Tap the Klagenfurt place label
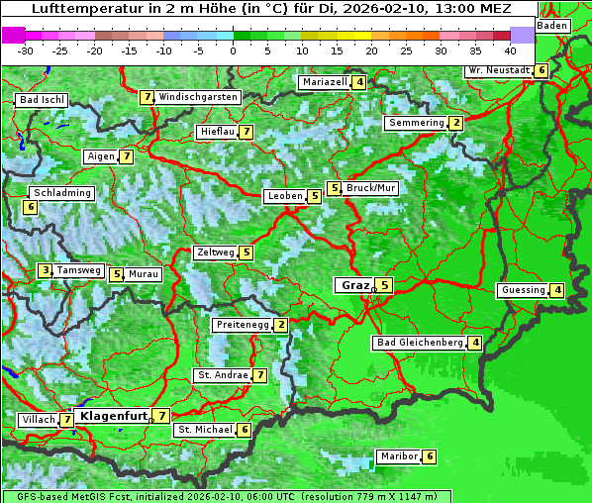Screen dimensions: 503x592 pos(112,416)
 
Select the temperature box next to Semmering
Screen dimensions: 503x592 pos(455,123)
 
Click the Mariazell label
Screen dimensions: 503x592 pos(325,82)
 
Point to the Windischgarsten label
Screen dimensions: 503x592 pos(198,97)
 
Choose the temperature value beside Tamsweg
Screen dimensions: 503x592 pos(45,270)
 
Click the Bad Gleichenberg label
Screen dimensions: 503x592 pos(420,343)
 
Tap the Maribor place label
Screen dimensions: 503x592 pos(396,456)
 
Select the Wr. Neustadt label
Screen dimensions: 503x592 pos(499,70)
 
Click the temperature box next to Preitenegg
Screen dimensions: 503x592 pos(281,325)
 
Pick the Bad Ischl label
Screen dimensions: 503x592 pos(42,100)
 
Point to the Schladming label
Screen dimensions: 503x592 pos(61,193)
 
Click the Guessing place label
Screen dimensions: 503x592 pos(523,290)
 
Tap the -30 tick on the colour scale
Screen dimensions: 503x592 pos(26,50)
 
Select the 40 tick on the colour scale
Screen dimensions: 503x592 pos(510,50)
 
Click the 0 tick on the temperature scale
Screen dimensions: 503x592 pos(234,50)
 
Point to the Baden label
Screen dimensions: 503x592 pos(552,25)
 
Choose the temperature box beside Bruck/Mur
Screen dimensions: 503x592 pos(335,188)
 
